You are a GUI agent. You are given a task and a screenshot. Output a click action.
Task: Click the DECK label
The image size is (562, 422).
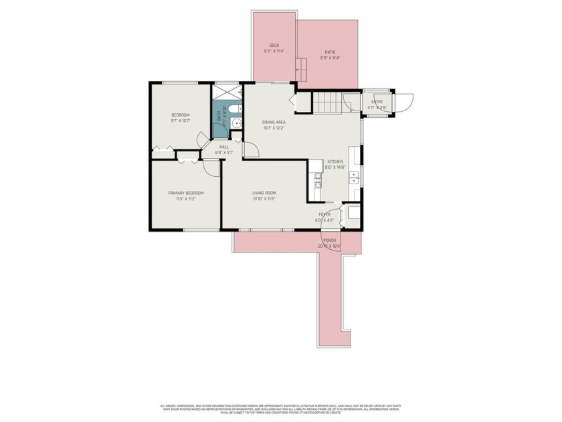[274, 46]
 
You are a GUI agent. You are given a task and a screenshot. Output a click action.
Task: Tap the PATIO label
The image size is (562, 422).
[330, 52]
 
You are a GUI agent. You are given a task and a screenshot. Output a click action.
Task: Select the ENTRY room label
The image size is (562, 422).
[377, 102]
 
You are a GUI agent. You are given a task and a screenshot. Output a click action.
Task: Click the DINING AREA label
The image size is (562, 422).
[274, 122]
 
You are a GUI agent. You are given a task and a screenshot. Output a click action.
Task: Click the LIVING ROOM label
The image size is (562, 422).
[264, 193]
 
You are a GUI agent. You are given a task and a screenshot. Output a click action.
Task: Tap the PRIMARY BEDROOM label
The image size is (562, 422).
[185, 193]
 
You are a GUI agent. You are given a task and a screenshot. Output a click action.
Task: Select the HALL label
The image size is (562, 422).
[223, 147]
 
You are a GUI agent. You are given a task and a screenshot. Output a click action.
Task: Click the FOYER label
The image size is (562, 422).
[324, 214]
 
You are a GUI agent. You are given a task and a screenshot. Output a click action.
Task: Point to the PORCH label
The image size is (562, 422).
[329, 240]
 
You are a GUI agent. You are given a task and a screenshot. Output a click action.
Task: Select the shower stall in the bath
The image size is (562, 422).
[227, 91]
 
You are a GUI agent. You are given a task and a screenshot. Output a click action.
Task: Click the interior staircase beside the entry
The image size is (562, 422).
[328, 102]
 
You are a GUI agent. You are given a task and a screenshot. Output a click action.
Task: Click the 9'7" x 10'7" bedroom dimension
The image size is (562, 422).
[180, 121]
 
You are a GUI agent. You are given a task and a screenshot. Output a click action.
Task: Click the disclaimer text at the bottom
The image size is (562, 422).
[281, 409]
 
